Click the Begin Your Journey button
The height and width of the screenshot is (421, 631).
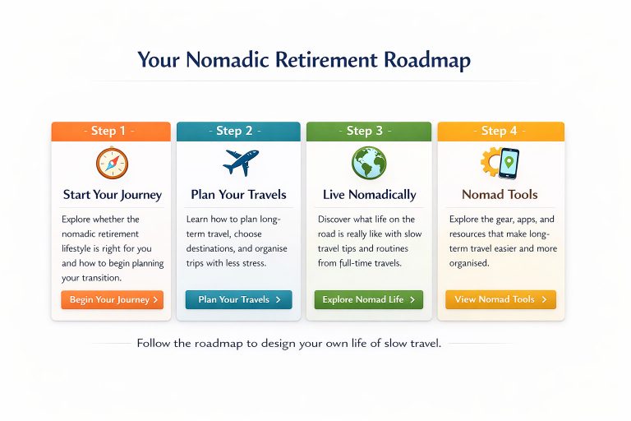pos(112,300)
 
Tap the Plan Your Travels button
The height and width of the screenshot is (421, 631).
pos(238,300)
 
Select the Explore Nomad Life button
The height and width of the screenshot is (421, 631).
pos(368,300)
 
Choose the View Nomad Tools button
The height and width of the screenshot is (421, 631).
pos(500,300)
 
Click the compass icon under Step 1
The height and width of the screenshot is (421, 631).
pos(112,163)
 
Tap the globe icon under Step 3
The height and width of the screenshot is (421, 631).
pos(369,163)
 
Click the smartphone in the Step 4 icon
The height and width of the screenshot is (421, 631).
pos(509,162)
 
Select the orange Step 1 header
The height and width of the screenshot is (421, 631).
pos(111,131)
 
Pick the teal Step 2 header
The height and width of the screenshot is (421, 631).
pos(238,131)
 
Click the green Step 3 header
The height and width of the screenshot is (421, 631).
pos(368,131)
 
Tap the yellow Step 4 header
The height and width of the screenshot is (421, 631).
pos(500,131)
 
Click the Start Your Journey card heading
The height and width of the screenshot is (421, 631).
pos(113,195)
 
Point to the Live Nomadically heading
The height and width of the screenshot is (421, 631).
pos(369,195)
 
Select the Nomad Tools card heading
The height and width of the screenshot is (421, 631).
pos(500,195)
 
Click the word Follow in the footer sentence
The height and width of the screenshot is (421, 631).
pos(155,343)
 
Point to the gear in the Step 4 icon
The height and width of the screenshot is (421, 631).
pos(491,163)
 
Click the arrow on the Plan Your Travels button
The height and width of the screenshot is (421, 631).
pos(278,300)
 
